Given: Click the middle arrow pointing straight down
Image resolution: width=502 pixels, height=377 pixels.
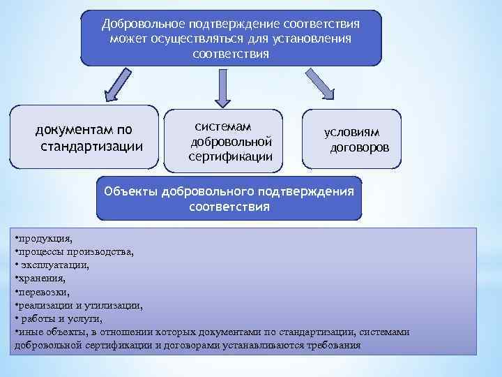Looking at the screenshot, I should (224, 88).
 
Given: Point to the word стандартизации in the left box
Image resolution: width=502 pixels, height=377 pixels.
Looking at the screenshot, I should (92, 146).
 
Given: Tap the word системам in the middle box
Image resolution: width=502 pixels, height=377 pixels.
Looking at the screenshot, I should (222, 126).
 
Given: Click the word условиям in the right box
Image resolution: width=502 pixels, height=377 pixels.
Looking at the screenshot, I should (352, 133).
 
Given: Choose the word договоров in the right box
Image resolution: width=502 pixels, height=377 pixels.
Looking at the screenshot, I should (360, 148).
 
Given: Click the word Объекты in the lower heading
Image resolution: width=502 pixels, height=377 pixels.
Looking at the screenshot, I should (130, 191).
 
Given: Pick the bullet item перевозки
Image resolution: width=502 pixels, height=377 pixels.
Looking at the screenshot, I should (44, 292).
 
